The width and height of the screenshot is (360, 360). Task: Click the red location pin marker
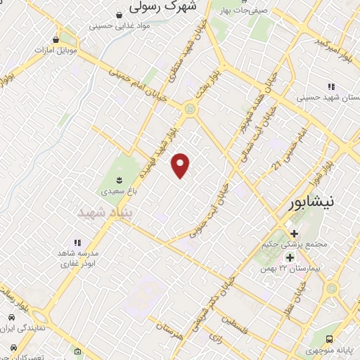181,165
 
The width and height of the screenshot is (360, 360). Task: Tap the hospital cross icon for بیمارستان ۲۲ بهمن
290,257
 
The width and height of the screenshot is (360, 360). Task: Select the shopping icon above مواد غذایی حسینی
120,14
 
